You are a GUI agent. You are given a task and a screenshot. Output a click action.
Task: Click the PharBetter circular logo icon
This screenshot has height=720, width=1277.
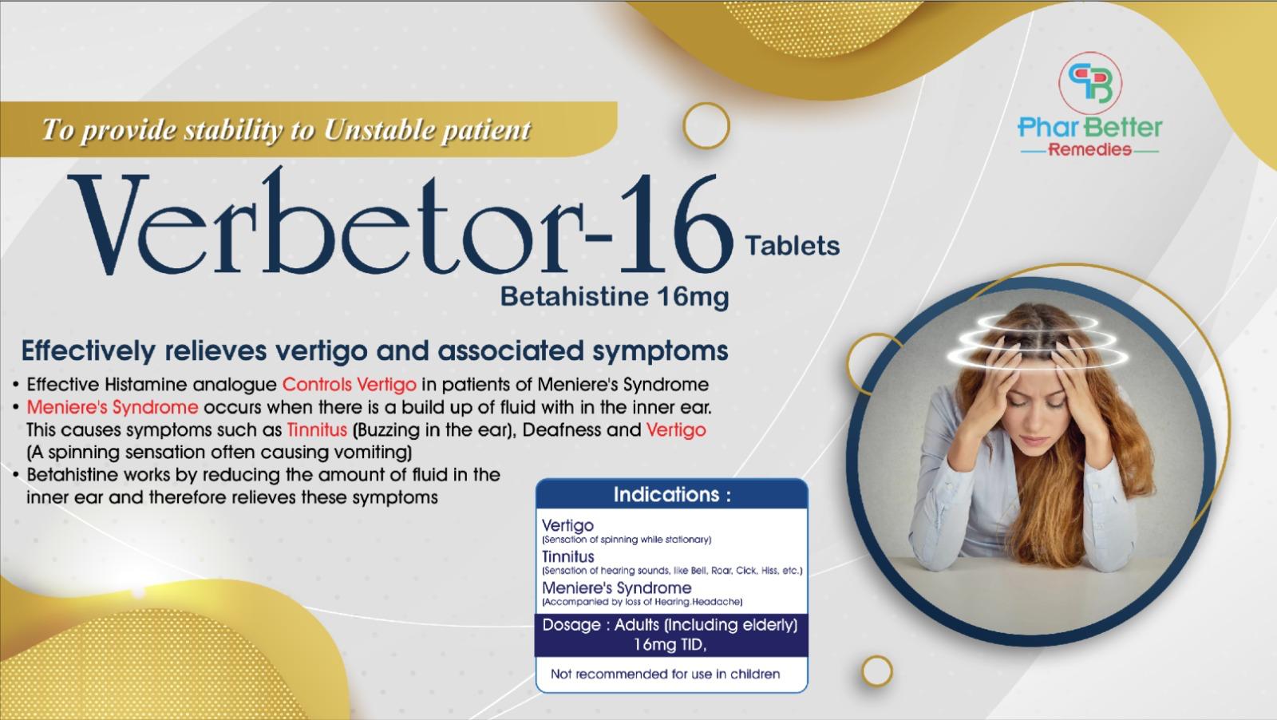(x=1090, y=83)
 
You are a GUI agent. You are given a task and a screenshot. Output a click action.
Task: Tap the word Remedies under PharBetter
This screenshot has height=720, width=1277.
(x=1089, y=150)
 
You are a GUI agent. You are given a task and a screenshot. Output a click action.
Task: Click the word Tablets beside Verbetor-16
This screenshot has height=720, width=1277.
(x=792, y=247)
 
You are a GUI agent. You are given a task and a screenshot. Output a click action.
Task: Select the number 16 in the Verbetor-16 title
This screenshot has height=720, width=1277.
(x=675, y=224)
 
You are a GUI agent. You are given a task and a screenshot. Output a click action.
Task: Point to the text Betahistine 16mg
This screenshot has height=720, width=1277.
(x=615, y=297)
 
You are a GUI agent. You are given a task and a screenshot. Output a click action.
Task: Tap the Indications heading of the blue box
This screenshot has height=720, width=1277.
(x=671, y=494)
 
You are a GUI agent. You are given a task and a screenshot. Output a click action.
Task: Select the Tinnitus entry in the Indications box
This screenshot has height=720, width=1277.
(x=567, y=556)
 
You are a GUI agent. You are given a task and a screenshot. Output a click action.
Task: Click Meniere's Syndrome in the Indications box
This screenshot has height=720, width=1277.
(x=616, y=587)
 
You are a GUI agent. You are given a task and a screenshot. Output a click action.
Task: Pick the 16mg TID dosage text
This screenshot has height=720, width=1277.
(x=670, y=645)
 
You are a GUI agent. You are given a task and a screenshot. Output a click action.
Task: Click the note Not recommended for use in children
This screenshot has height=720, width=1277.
(x=666, y=674)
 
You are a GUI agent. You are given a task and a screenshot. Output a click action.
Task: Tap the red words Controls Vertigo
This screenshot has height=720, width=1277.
(x=350, y=385)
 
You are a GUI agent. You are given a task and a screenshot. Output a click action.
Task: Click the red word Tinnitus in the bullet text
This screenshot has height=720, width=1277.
(x=317, y=429)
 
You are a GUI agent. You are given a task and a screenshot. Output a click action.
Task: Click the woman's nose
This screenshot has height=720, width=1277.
(x=1034, y=424)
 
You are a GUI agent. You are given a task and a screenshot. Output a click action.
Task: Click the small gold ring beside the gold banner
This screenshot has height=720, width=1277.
(x=706, y=125)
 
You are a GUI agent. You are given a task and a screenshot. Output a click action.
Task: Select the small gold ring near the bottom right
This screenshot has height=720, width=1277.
(x=877, y=671)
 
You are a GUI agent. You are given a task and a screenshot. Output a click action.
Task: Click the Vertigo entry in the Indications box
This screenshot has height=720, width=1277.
(x=567, y=525)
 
